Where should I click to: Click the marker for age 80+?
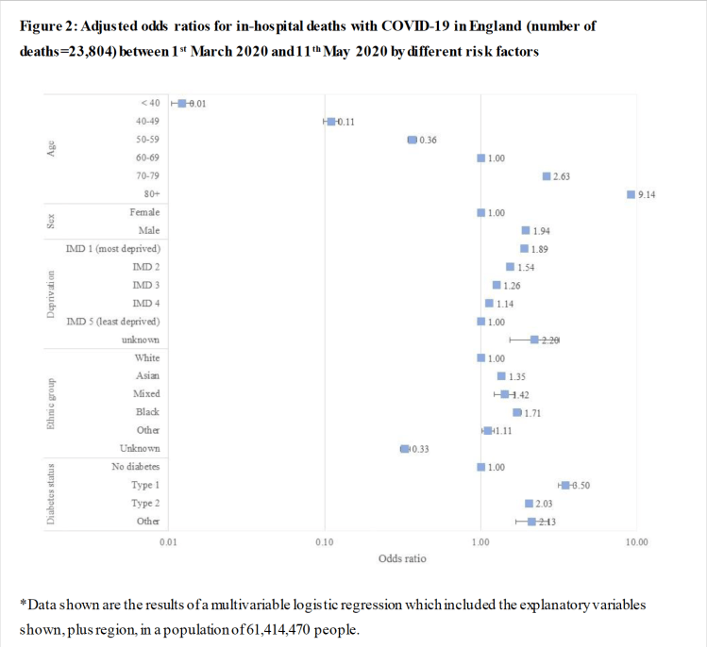coord(631,194)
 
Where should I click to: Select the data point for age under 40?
coord(181,104)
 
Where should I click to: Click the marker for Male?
coord(526,231)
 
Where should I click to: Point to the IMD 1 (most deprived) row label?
coord(112,249)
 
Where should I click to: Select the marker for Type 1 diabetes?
coord(565,485)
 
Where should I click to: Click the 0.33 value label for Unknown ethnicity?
coord(419,449)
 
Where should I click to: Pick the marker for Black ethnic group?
coord(516,412)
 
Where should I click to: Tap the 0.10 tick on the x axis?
coord(325,542)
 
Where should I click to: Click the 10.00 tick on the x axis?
coord(636,542)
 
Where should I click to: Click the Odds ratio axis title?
coord(402,558)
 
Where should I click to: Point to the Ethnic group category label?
coord(50,404)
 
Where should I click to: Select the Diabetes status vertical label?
coord(50,494)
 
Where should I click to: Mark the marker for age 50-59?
coord(412,140)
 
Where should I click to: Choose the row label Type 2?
coord(145,504)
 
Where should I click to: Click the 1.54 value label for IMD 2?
coord(527,268)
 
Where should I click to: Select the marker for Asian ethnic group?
coord(501,376)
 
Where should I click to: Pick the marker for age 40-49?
coord(330,122)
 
